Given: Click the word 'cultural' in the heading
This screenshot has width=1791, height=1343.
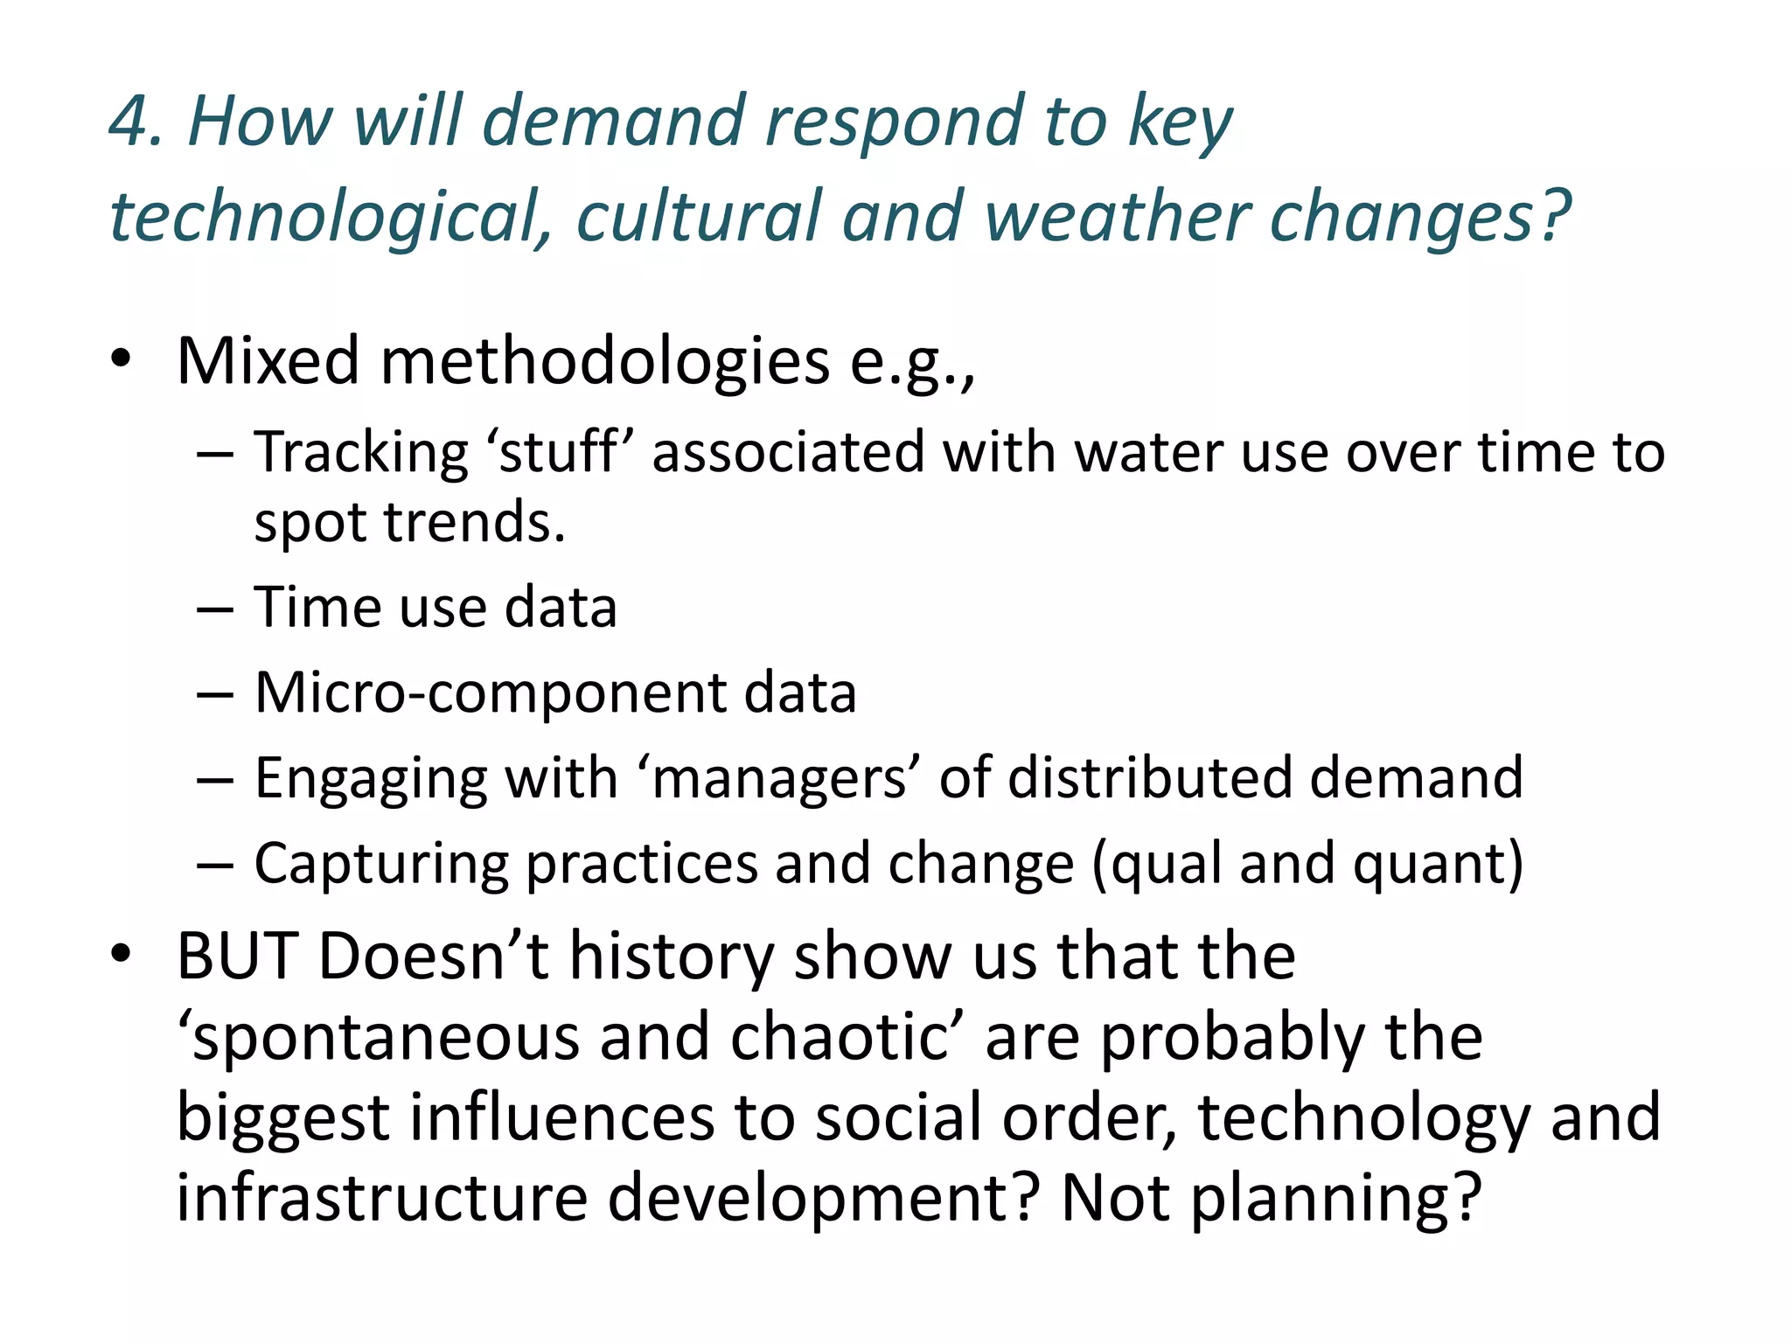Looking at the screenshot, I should click(x=697, y=217).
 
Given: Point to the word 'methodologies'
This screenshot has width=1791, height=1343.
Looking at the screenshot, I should click(x=604, y=361).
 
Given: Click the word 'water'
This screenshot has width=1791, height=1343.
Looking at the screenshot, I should click(x=1149, y=453).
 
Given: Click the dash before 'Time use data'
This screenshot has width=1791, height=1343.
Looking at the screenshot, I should click(x=215, y=609).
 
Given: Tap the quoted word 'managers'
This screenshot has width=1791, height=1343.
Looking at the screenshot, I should click(x=779, y=778).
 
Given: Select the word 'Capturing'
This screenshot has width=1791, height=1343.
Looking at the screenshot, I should click(x=381, y=864).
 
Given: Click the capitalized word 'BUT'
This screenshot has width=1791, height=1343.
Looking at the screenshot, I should click(x=236, y=957).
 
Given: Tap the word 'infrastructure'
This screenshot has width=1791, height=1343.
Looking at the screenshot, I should click(x=381, y=1197).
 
